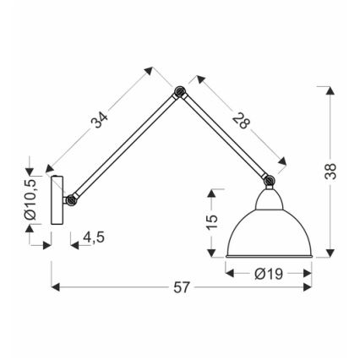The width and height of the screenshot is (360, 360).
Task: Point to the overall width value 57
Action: (181, 288)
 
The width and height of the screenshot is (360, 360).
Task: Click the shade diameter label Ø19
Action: (268, 272)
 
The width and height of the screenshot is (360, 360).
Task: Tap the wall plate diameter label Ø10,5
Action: (31, 201)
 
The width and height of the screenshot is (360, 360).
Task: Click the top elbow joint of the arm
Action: (178, 92)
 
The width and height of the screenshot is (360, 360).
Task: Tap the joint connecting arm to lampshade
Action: (269, 179)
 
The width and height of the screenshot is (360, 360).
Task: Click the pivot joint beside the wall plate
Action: (73, 201)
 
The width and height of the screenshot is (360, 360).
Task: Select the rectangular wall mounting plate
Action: (57, 199)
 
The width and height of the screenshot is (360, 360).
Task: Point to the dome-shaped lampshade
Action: (268, 228)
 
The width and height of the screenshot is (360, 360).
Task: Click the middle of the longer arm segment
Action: (126, 146)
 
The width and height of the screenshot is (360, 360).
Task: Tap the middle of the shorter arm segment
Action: (224, 135)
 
